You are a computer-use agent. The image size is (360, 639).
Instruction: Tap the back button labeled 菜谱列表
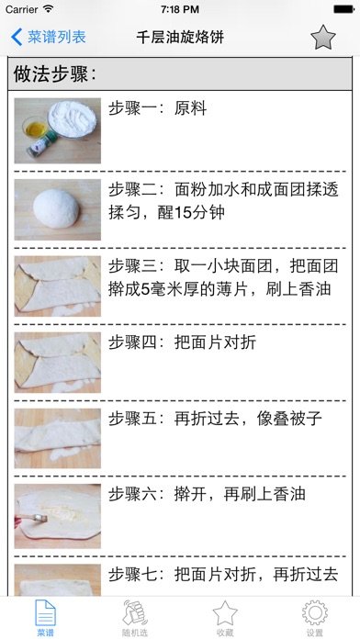coord(48,37)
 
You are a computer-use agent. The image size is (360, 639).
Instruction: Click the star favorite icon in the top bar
coord(323,38)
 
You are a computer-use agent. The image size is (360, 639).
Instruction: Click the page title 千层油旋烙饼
coord(180,38)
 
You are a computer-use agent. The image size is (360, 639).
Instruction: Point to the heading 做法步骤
coord(54,74)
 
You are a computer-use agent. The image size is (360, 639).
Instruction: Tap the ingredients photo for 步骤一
coord(58,130)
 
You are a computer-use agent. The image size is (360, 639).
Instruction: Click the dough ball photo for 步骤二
coord(58,209)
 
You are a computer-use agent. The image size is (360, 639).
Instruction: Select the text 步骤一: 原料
coord(157,109)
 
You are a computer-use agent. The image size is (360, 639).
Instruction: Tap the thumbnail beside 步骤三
coord(58,286)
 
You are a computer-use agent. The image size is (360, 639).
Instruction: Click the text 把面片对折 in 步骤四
coord(215,342)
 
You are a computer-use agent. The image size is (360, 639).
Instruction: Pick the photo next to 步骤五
coord(58,439)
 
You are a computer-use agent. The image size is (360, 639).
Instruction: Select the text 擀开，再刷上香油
coord(240,494)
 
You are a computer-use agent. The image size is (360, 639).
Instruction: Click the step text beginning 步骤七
coord(223,575)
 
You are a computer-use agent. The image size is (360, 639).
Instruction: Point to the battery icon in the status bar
coord(343,9)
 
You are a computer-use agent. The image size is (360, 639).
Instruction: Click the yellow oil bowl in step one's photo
coord(34,128)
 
